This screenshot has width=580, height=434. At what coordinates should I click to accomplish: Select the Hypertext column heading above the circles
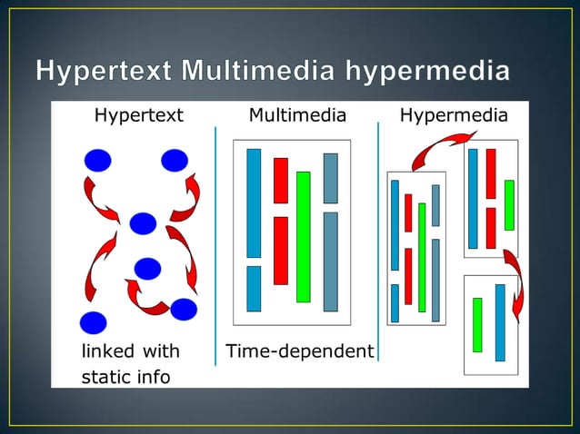[x=138, y=115]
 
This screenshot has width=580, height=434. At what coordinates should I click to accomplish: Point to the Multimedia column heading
[x=297, y=115]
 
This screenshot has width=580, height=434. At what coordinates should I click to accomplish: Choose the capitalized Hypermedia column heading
[x=454, y=115]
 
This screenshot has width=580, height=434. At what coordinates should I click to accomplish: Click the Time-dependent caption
[x=299, y=351]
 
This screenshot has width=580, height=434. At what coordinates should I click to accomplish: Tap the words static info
[x=125, y=377]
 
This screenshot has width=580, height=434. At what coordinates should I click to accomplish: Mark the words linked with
[x=131, y=351]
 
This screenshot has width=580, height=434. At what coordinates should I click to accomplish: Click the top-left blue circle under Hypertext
[x=97, y=162]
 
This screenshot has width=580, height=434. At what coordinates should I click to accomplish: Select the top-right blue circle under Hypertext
[x=175, y=162]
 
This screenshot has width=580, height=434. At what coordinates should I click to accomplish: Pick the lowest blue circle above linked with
[x=93, y=322]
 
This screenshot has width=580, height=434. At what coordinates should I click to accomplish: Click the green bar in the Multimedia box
[x=304, y=236]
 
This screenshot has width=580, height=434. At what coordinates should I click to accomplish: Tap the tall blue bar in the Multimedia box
[x=254, y=202]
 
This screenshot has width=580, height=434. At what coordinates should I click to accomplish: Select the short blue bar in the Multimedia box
[x=254, y=288]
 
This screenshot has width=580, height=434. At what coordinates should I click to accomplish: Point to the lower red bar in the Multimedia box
[x=281, y=250]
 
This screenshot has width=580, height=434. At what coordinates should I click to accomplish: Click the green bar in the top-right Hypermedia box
[x=509, y=204]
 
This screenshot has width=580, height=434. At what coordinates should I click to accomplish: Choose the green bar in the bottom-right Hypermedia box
[x=477, y=324]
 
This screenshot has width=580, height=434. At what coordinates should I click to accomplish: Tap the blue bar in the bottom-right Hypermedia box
[x=500, y=322]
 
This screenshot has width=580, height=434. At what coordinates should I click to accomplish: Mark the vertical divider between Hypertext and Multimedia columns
[x=215, y=245]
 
